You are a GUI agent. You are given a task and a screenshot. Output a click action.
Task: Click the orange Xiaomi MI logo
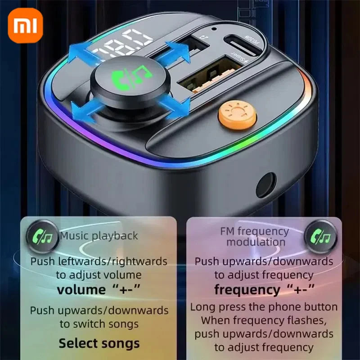point(25,26)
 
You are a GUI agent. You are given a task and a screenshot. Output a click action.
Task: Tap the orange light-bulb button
point(237,114)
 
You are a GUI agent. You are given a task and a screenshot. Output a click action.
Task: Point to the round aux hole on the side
point(265,185)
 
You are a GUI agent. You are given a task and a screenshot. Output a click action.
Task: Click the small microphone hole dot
point(214,29)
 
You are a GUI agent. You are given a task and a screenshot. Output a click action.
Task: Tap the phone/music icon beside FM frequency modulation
point(320,237)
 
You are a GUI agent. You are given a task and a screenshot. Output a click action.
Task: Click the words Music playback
point(99,236)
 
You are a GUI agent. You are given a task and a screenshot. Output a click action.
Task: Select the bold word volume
point(81,290)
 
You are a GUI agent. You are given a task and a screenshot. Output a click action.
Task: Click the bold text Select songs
point(99,343)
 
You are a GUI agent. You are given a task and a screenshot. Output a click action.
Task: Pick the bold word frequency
point(247,290)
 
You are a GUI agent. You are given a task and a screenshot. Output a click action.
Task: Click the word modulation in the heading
point(256,242)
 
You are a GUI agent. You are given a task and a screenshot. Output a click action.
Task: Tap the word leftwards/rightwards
point(112,261)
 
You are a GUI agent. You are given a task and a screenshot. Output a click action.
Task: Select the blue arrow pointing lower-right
point(175,107)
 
